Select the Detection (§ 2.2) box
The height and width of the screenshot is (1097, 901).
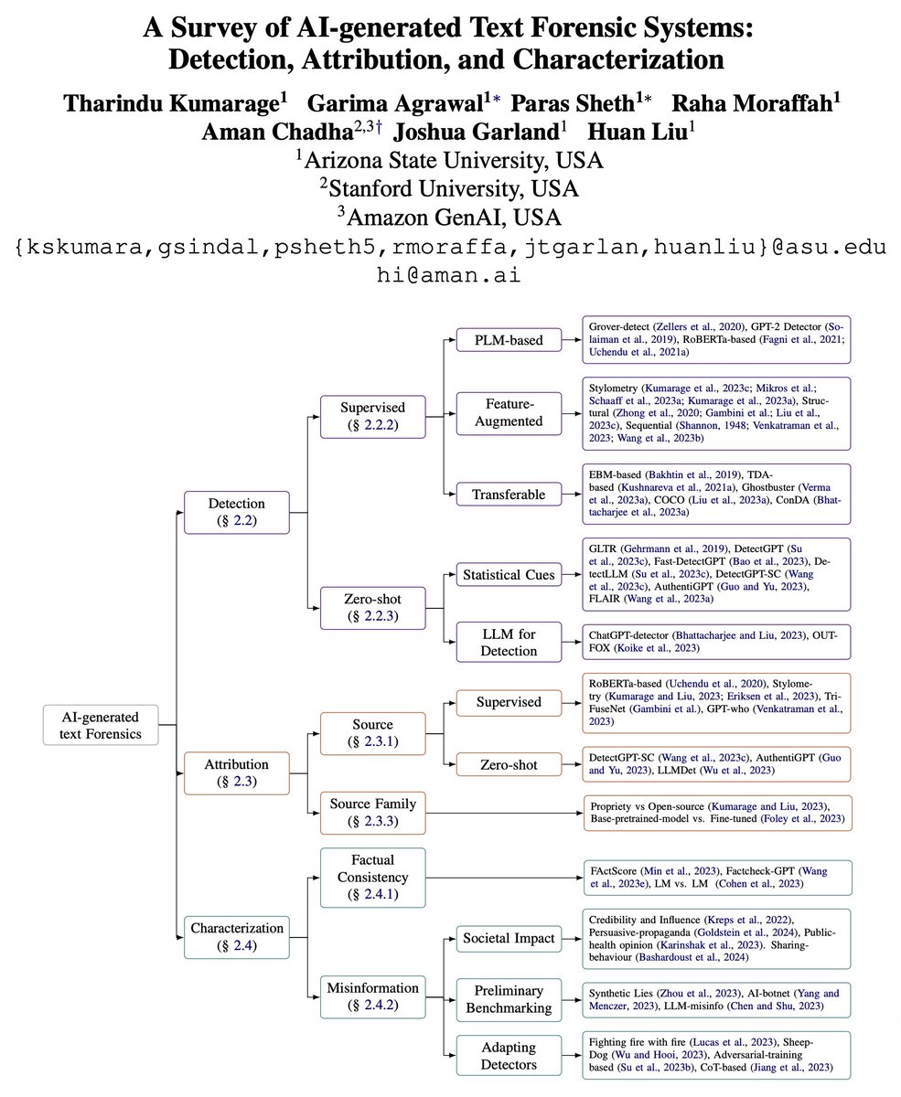point(237,512)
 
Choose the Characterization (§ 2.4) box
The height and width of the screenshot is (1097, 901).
point(237,937)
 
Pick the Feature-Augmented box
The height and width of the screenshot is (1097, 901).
point(509,413)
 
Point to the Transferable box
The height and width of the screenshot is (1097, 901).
point(509,495)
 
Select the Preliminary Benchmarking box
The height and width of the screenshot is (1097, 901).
point(508,998)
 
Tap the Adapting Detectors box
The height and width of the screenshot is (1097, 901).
point(508,1056)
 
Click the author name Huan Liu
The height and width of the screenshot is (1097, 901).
point(639,131)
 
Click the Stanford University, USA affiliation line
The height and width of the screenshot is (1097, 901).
point(449,189)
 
